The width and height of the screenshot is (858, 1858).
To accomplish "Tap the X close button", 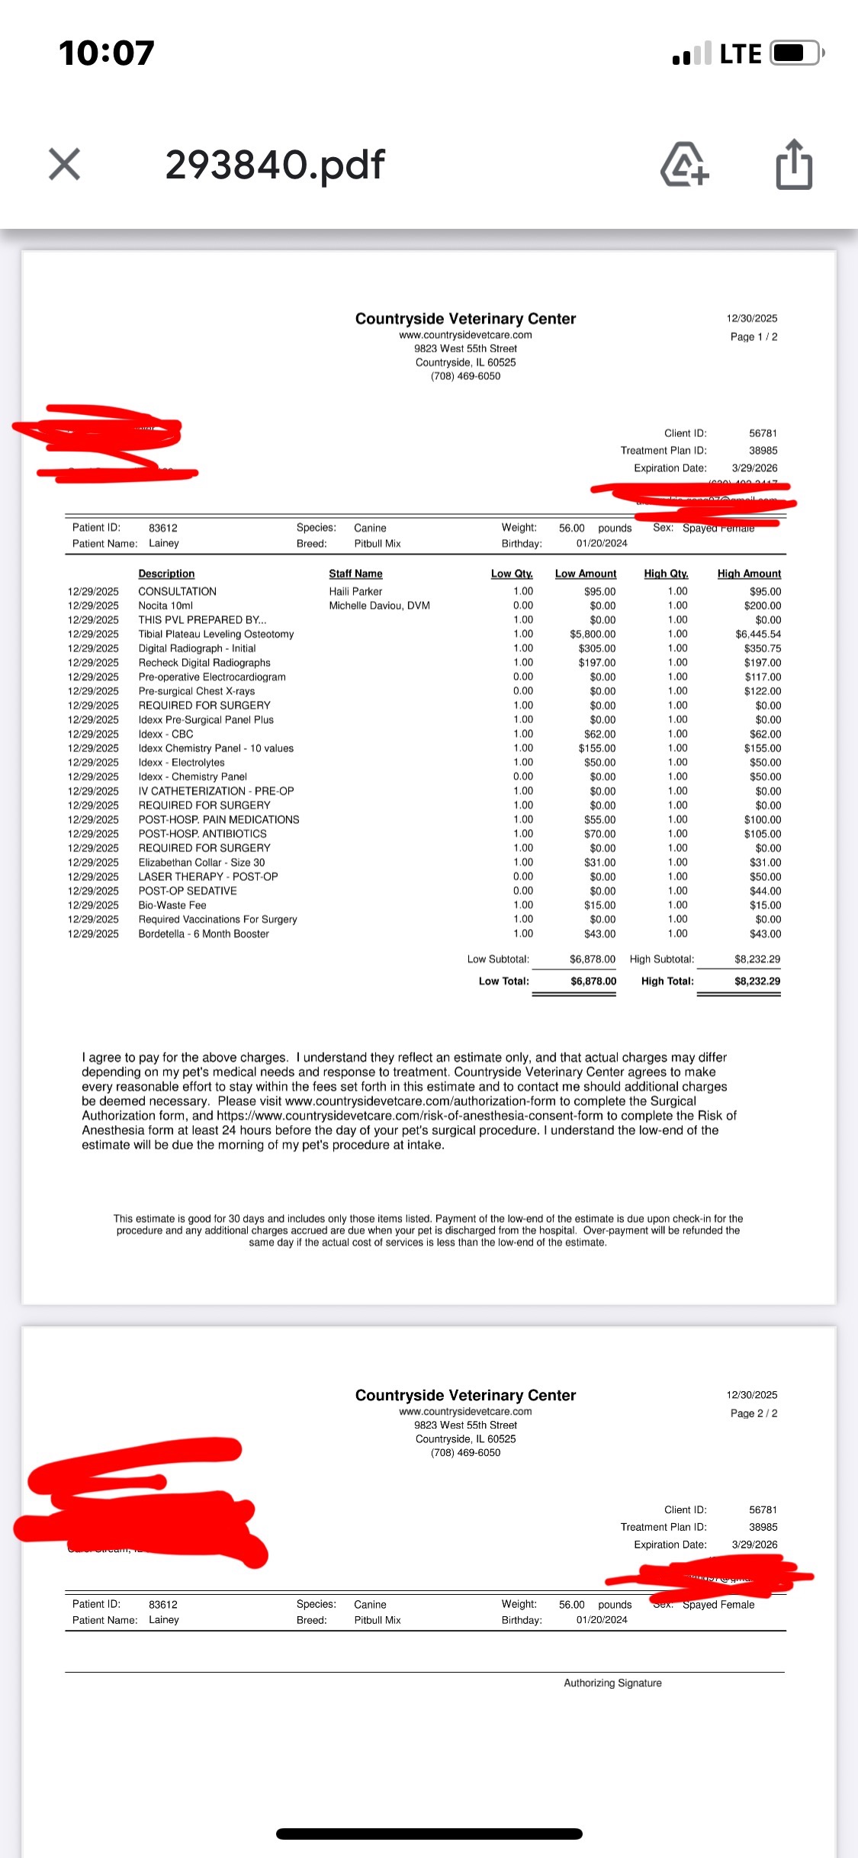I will pyautogui.click(x=64, y=164).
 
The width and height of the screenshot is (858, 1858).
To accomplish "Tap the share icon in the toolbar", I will pyautogui.click(x=794, y=164).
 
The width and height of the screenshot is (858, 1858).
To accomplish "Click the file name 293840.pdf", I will pyautogui.click(x=275, y=164).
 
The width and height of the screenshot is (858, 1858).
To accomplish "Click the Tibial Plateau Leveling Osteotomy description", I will pyautogui.click(x=216, y=634).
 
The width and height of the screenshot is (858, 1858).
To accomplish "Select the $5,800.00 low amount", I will pyautogui.click(x=593, y=634).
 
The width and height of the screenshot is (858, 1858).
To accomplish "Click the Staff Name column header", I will pyautogui.click(x=355, y=574).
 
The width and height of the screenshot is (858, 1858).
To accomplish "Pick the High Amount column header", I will pyautogui.click(x=749, y=574).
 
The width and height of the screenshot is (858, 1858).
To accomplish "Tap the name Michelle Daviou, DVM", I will pyautogui.click(x=379, y=606).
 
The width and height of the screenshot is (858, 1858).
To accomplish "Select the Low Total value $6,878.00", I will pyautogui.click(x=593, y=982).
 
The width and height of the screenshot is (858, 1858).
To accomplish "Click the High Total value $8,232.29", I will pyautogui.click(x=757, y=982).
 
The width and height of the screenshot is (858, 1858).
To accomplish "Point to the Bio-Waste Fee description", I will pyautogui.click(x=172, y=905).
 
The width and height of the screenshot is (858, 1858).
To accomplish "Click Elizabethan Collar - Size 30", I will pyautogui.click(x=201, y=863).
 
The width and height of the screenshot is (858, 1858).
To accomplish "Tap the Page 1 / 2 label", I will pyautogui.click(x=754, y=337).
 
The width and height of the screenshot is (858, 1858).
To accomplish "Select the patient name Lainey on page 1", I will pyautogui.click(x=164, y=543).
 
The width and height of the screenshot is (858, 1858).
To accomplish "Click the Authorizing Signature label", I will pyautogui.click(x=612, y=1683).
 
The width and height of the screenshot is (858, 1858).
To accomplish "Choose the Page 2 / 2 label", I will pyautogui.click(x=754, y=1413).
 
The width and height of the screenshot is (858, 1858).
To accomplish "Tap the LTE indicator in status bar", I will pyautogui.click(x=740, y=54).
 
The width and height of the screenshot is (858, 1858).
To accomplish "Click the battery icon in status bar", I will pyautogui.click(x=796, y=53).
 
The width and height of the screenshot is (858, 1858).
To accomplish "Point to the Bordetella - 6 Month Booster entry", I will pyautogui.click(x=204, y=934).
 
